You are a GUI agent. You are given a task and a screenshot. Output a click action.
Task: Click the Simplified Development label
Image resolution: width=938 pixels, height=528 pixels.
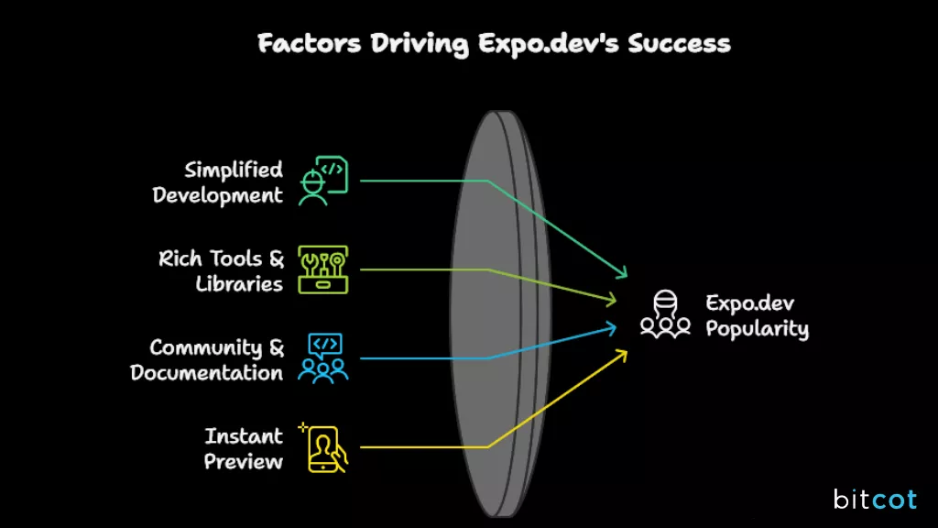pyautogui.click(x=218, y=182)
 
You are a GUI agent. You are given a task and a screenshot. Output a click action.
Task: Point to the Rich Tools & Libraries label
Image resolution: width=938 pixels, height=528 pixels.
pyautogui.click(x=222, y=271)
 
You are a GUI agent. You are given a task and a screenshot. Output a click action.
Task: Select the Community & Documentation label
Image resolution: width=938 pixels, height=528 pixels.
pyautogui.click(x=207, y=360)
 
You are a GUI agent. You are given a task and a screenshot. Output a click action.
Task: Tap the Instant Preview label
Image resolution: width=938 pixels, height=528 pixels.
pyautogui.click(x=244, y=448)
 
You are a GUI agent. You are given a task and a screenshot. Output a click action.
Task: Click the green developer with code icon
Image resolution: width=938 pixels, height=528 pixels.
pyautogui.click(x=323, y=181)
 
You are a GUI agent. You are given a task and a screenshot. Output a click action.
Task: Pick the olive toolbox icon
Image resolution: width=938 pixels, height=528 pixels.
pyautogui.click(x=323, y=269)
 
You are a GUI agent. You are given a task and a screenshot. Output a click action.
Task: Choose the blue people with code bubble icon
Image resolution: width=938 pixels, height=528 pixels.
pyautogui.click(x=323, y=358)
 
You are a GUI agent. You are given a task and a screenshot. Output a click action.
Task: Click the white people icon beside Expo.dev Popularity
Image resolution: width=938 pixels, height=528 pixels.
pyautogui.click(x=665, y=314)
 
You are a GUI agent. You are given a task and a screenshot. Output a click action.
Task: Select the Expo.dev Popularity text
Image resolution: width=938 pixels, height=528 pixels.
pyautogui.click(x=757, y=316)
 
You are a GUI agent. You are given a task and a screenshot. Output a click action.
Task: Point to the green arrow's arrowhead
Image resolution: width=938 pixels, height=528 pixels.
pyautogui.click(x=623, y=273)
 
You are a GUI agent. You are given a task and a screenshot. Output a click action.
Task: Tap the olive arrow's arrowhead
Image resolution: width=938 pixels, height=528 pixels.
pyautogui.click(x=614, y=300)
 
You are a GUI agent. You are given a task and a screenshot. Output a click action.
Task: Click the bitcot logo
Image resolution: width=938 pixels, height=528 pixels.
pyautogui.click(x=875, y=500)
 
